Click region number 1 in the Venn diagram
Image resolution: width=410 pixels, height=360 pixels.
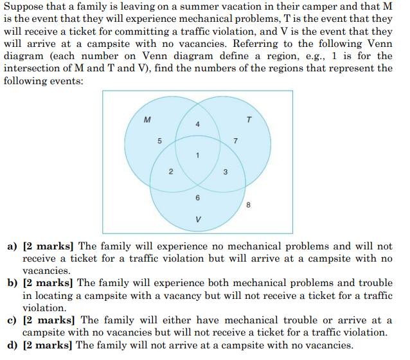[x=198, y=155]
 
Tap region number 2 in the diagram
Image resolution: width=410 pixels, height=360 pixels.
[x=170, y=172]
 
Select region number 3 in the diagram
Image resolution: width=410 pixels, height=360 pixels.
[x=225, y=172]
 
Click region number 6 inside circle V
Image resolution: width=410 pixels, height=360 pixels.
[x=198, y=197]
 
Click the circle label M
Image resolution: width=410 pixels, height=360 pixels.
[x=148, y=119]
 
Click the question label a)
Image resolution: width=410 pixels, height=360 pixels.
[x=12, y=246]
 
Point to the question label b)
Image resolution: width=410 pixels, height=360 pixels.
[x=12, y=283]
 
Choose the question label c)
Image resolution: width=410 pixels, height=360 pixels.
[x=12, y=320]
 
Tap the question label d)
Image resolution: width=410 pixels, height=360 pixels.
[x=12, y=345]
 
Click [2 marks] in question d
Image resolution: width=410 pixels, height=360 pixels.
[x=48, y=345]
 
